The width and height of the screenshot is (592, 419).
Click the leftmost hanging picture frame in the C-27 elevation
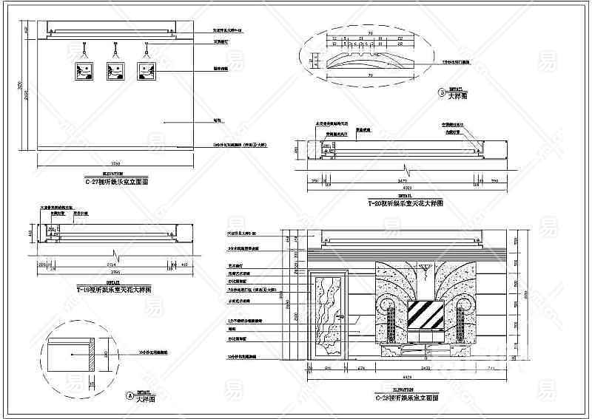point(83,71)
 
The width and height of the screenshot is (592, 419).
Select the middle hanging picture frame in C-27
point(115,71)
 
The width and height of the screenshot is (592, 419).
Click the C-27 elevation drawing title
point(117,181)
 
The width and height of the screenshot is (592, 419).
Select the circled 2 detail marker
point(441,93)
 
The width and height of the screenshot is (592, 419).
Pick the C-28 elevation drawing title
point(406,397)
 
